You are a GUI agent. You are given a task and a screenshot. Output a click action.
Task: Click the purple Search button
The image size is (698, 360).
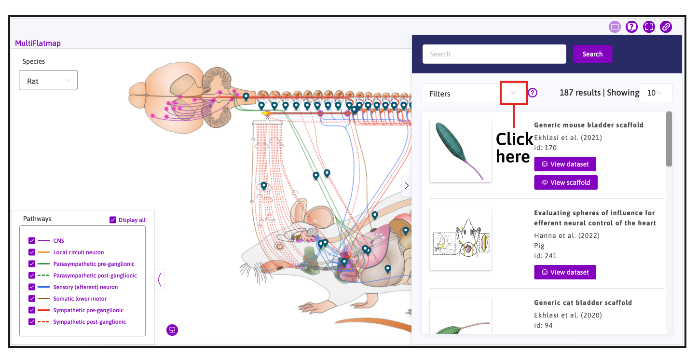(592, 54)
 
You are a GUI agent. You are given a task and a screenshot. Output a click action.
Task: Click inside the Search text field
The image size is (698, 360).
(494, 54)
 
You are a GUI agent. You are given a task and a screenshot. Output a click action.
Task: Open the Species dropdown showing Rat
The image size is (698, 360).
(48, 81)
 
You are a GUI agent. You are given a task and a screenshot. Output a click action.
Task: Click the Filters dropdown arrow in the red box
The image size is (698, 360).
(514, 93)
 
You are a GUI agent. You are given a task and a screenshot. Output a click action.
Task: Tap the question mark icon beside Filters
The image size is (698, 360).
(533, 93)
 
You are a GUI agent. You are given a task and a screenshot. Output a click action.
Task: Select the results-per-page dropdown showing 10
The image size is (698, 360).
(656, 93)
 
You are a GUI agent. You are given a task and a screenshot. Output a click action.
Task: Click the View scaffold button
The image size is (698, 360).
(566, 182)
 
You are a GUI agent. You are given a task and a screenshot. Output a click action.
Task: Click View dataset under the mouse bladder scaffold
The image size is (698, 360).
(565, 164)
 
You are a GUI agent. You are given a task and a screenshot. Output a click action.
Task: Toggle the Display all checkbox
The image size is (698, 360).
(113, 220)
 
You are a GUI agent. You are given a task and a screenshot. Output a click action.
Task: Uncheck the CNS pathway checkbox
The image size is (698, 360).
(32, 241)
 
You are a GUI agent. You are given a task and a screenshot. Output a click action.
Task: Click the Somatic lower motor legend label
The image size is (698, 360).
(80, 299)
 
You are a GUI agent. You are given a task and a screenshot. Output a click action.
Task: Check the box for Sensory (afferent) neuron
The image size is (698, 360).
(32, 287)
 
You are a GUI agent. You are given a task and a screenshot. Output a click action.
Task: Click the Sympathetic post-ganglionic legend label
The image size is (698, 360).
(89, 322)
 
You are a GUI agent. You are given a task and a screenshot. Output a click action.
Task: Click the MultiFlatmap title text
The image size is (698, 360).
(38, 43)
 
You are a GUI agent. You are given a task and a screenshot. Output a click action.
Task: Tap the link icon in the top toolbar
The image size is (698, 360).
(666, 27)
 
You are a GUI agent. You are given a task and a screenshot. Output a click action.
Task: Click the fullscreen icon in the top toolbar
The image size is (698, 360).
(649, 27)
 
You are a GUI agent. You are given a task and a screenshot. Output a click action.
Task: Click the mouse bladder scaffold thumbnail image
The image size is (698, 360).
(461, 151)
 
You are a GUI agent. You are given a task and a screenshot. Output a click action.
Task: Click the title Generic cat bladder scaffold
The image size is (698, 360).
(583, 303)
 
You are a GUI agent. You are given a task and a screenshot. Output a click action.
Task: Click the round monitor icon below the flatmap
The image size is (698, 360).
(172, 330)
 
